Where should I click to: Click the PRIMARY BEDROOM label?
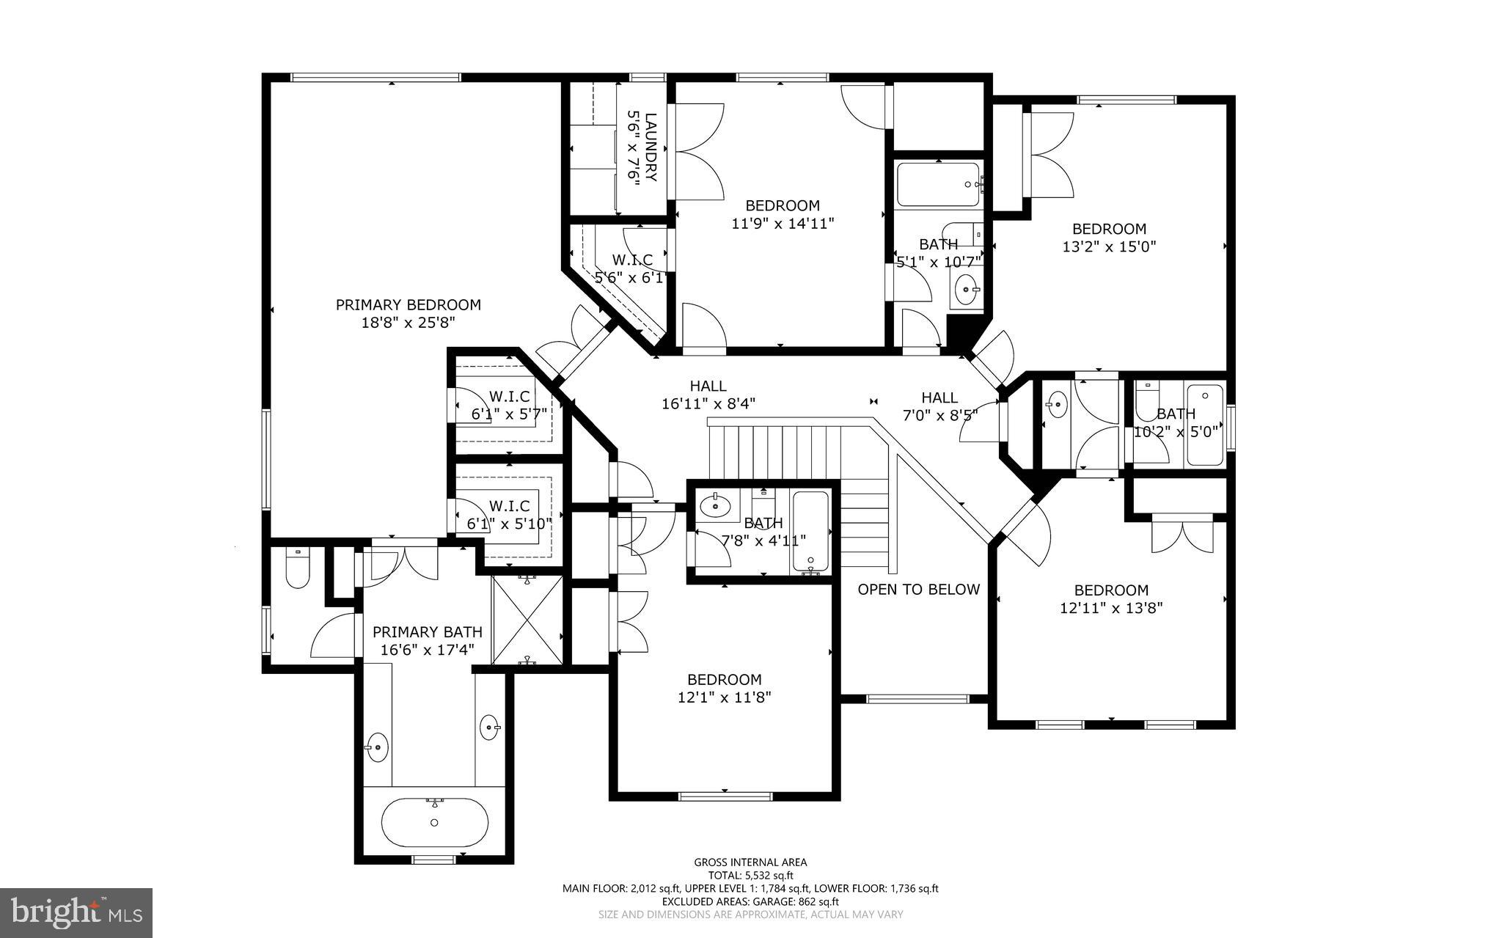tap(408, 304)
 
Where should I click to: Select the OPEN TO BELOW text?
tap(918, 590)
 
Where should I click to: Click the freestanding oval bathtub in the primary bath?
tap(434, 822)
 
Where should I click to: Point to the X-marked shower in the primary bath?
tap(527, 620)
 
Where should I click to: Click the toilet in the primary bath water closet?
tap(298, 569)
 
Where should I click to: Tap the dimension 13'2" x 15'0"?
tap(1109, 247)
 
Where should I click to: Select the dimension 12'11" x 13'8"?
tap(1111, 608)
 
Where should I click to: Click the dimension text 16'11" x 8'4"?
tap(708, 403)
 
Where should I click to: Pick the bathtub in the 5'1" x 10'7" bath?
tap(938, 185)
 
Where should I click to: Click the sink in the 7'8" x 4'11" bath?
tap(714, 505)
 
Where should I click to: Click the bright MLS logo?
tap(76, 912)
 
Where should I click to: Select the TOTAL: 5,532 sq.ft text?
tap(750, 876)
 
